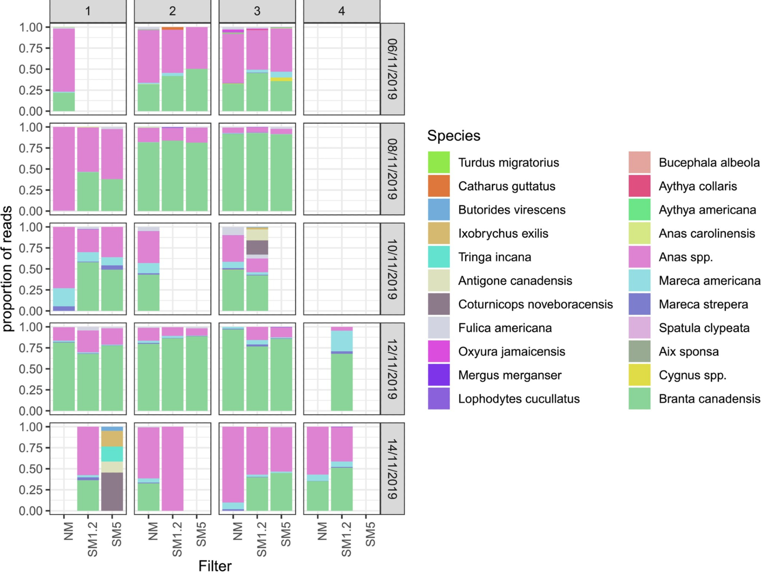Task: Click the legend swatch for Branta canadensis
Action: tap(639, 399)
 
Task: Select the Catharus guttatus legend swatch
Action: tap(439, 186)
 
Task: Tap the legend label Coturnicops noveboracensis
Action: tap(535, 304)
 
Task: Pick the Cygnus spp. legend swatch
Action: tap(639, 375)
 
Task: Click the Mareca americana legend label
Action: tap(709, 281)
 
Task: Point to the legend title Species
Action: tap(453, 136)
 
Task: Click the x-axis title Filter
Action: tap(215, 566)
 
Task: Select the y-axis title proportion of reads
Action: tap(8, 268)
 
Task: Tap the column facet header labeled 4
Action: tap(342, 11)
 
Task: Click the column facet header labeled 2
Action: tap(172, 11)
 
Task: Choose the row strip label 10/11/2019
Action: tap(393, 269)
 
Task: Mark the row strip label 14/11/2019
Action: tap(393, 469)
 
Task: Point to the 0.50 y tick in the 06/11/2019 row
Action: tap(31, 69)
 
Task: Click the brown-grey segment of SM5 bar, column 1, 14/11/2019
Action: tap(112, 492)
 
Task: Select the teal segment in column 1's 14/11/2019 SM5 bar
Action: tap(112, 454)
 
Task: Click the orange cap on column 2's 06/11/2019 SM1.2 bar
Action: tap(172, 28)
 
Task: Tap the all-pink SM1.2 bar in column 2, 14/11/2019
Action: tap(172, 469)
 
